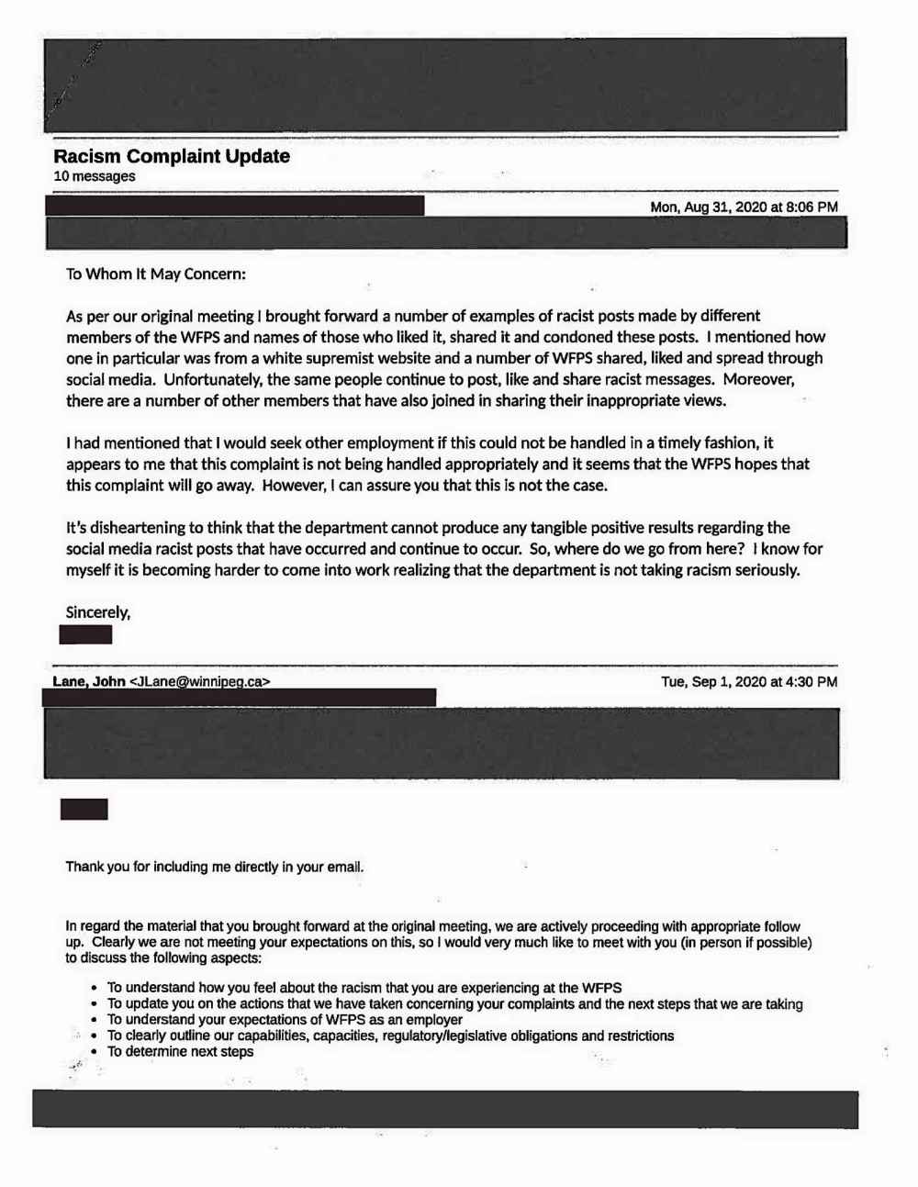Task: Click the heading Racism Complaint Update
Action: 172,156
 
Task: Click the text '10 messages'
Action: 95,176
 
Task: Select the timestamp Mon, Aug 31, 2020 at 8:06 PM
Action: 744,207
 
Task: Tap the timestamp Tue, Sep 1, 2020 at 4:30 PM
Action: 749,682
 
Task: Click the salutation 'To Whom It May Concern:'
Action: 156,274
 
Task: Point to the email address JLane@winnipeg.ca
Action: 200,682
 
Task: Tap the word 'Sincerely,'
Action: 98,612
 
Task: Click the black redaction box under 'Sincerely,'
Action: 85,634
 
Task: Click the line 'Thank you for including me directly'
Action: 215,867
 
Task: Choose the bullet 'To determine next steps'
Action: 180,1051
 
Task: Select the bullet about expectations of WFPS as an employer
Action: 285,1019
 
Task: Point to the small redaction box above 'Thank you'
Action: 84,809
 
